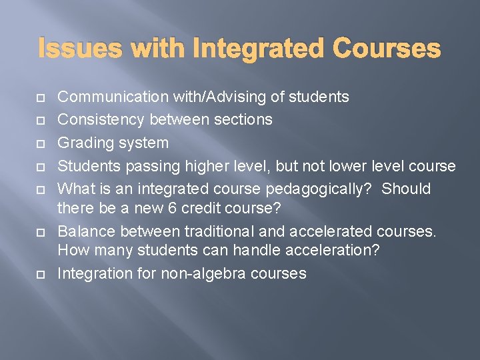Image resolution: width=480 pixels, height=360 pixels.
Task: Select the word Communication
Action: (x=113, y=97)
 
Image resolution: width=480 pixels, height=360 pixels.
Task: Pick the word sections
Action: (x=241, y=120)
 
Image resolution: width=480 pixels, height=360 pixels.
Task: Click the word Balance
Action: (x=84, y=231)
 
